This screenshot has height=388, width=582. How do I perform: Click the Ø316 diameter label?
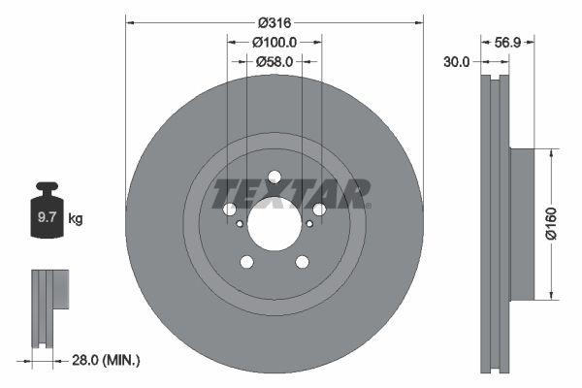(x=275, y=20)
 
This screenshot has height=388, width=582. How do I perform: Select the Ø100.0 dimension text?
(x=275, y=42)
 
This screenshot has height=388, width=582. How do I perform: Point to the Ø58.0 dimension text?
(x=275, y=61)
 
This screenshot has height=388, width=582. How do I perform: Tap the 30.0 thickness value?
(x=456, y=61)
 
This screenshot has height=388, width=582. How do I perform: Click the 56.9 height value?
(x=508, y=42)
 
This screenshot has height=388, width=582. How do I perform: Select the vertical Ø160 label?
(x=550, y=224)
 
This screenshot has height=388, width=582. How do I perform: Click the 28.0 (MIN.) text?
(x=108, y=360)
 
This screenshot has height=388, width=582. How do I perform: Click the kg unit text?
(x=76, y=219)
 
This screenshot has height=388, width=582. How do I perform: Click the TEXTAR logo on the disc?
(x=291, y=192)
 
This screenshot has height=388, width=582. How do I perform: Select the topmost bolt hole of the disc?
(x=275, y=177)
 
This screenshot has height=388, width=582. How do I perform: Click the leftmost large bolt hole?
(x=230, y=210)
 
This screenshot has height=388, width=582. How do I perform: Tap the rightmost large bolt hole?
(x=319, y=210)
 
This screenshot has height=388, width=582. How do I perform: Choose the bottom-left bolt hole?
(x=246, y=262)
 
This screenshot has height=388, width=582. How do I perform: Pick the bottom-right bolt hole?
(x=303, y=262)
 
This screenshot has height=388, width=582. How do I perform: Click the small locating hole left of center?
(x=240, y=224)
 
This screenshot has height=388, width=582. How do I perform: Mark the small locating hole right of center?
(x=309, y=224)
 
